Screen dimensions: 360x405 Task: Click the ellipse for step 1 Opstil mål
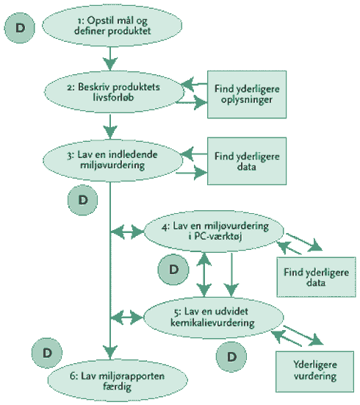112,26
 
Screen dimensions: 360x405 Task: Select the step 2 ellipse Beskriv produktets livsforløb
114,92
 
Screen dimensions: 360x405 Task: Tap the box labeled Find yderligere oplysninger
247,95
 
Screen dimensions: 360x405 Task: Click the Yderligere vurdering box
314,372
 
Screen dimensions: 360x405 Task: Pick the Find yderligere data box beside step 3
247,161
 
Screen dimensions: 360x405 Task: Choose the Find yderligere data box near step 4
316,277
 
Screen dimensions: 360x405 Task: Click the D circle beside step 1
20,28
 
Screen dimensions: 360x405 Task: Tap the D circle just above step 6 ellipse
47,353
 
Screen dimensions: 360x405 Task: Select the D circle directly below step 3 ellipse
82,200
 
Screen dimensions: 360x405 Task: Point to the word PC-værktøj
218,237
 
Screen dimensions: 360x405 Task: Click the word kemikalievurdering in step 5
212,323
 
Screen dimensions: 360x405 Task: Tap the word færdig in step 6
117,387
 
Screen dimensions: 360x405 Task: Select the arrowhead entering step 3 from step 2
110,132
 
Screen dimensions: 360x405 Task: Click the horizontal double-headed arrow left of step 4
127,232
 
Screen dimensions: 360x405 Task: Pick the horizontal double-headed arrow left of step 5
127,318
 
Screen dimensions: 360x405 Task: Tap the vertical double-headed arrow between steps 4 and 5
204,275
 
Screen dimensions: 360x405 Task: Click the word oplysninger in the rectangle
247,100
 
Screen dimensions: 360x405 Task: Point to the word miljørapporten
123,376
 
